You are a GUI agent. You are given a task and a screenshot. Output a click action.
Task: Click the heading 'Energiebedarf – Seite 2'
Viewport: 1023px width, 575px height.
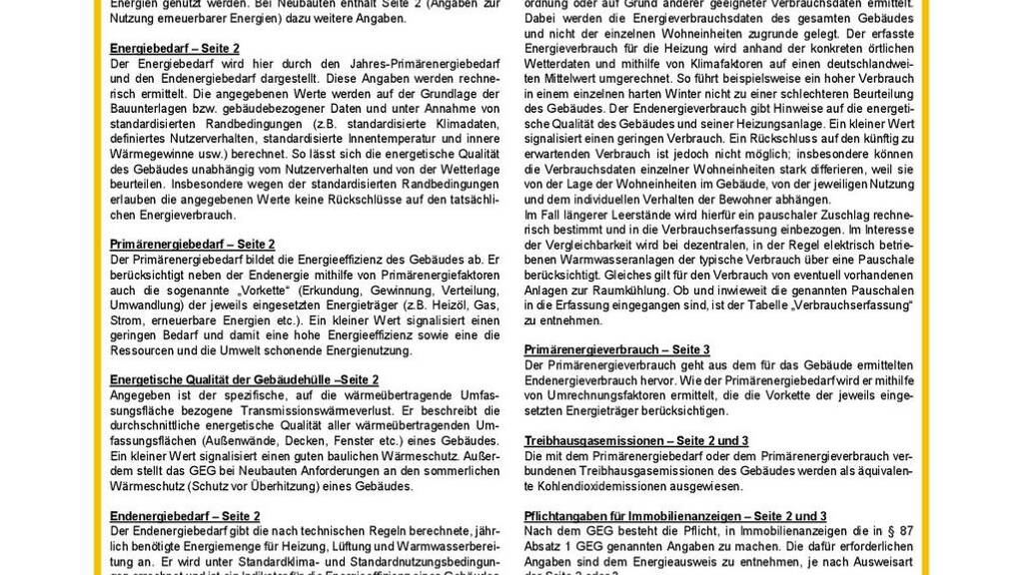point(174,48)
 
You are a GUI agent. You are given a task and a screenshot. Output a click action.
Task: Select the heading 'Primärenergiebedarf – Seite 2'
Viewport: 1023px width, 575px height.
point(192,244)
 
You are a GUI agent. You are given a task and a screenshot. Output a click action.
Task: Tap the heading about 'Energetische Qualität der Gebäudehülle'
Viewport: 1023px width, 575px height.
point(244,380)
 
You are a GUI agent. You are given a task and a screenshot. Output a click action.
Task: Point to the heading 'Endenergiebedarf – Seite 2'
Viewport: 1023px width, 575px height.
point(185,516)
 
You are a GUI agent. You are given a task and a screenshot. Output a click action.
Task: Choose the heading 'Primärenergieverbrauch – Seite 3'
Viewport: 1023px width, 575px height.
point(617,349)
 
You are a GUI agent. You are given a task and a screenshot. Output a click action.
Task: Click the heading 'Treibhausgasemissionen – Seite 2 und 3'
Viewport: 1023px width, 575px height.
point(636,440)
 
